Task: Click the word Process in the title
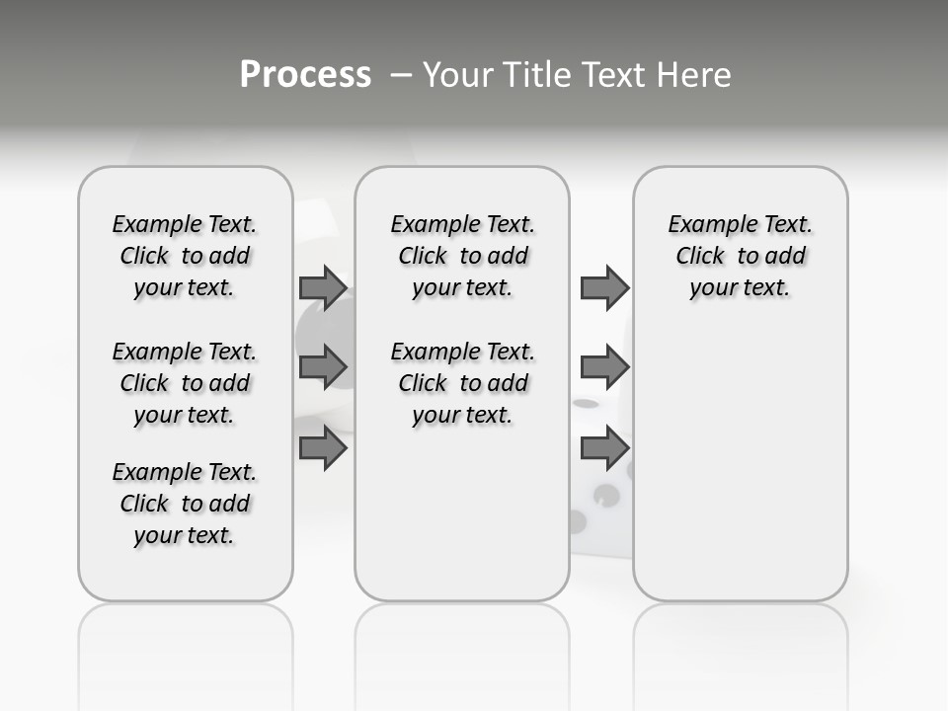[305, 75]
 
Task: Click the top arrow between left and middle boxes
[323, 288]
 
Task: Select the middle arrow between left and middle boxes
[323, 367]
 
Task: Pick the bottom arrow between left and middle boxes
[323, 447]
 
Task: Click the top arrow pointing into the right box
[604, 288]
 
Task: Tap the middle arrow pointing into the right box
[604, 367]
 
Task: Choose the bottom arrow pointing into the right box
[604, 447]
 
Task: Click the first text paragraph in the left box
[185, 256]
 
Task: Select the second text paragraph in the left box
[185, 383]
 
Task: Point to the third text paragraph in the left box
[185, 504]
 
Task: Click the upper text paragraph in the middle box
[462, 256]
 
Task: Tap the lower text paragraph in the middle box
[462, 383]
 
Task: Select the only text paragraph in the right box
[740, 256]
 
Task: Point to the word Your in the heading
[454, 75]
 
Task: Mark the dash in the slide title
[399, 75]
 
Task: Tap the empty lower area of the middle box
[462, 513]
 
